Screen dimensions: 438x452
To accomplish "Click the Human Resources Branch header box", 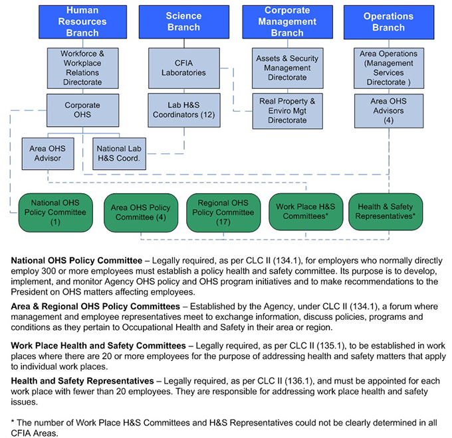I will click(82, 21).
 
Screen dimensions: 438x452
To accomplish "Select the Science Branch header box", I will click(183, 21).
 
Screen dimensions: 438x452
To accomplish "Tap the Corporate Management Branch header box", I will click(287, 21).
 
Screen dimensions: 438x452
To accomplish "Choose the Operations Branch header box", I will click(388, 21).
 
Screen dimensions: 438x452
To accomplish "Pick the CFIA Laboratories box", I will click(183, 68).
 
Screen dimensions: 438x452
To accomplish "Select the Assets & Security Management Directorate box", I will click(287, 68).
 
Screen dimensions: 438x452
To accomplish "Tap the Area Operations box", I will click(388, 68).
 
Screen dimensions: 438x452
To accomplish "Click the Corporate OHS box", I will click(82, 110).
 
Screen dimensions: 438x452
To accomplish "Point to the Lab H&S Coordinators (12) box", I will click(183, 110).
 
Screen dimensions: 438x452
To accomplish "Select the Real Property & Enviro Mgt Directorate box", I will click(287, 110).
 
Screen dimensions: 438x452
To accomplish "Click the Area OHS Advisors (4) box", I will click(388, 110).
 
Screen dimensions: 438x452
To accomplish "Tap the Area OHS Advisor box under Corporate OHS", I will click(45, 153).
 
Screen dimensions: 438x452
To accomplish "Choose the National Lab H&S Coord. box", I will click(120, 153).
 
